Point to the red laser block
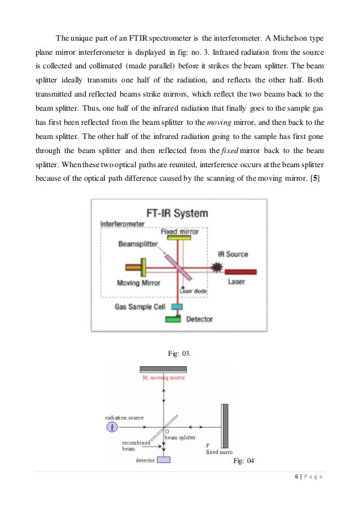point(241,272)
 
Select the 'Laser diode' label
point(193,290)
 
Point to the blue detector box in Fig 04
point(164,459)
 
